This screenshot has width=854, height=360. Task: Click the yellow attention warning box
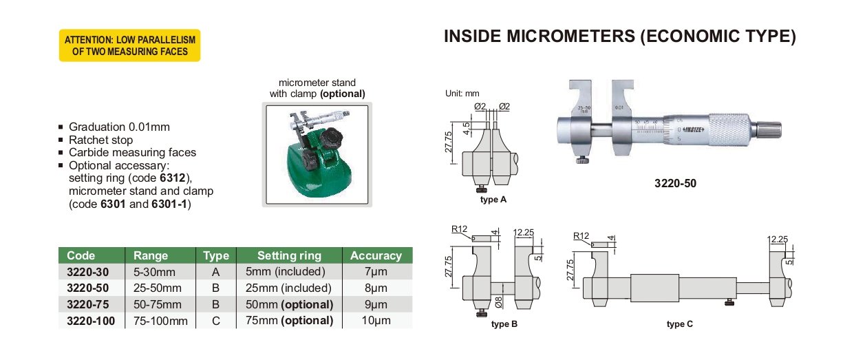point(129,45)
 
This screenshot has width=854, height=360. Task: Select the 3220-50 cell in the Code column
point(87,288)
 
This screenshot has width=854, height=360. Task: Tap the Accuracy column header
point(376,255)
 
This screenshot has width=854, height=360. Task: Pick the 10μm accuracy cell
point(376,320)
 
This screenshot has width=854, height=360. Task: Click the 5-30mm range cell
point(154,272)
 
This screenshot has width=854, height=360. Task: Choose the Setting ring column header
point(289,255)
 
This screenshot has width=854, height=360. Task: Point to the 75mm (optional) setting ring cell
point(289,320)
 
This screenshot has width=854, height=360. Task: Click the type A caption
point(493,200)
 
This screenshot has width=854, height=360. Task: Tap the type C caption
point(680,324)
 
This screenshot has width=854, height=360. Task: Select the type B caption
point(504,324)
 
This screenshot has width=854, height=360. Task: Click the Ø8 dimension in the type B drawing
point(499,302)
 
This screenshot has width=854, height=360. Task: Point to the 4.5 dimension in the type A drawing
point(467,129)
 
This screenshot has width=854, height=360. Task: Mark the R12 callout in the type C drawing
point(581,236)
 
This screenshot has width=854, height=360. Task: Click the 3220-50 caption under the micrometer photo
point(675,183)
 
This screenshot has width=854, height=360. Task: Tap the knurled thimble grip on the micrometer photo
point(729,129)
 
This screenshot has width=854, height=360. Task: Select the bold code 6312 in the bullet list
point(172,178)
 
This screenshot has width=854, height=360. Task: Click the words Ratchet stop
point(100,140)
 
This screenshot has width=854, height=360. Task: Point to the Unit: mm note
point(462,94)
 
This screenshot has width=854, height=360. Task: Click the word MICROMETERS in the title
point(570,36)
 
